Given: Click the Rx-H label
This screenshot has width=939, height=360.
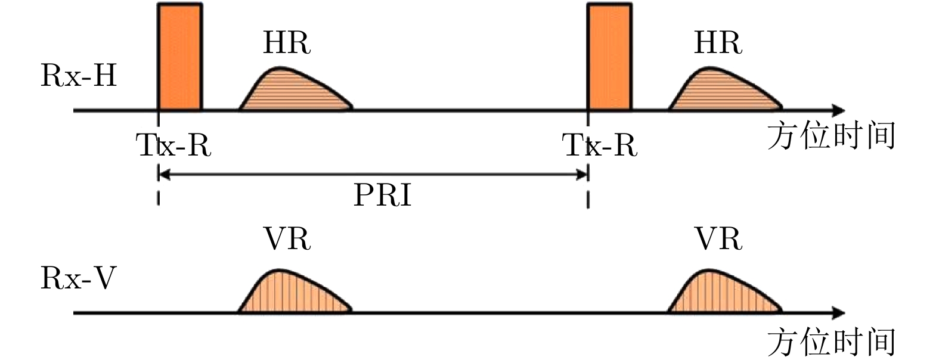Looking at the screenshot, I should (x=78, y=76).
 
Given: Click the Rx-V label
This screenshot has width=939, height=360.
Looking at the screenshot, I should (x=78, y=278).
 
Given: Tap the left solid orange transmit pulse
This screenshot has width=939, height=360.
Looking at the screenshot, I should (x=179, y=57).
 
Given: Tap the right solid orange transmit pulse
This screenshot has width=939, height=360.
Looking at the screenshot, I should (x=609, y=57).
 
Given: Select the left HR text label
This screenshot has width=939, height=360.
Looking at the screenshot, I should (x=287, y=43).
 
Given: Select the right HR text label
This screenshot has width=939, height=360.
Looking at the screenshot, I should (x=718, y=43).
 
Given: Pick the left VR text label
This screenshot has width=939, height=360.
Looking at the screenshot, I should (x=287, y=239).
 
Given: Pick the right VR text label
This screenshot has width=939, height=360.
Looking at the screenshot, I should (x=718, y=239).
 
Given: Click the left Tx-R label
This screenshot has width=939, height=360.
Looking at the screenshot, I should (x=174, y=145).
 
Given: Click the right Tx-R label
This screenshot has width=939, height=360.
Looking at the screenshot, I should (x=600, y=145).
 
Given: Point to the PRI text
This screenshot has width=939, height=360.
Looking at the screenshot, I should (x=382, y=195).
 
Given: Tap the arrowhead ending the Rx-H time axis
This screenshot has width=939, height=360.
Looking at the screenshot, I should (x=838, y=110).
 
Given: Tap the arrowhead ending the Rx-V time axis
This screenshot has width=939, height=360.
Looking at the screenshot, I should (x=838, y=313).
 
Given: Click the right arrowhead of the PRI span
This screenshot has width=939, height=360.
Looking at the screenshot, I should (x=582, y=175).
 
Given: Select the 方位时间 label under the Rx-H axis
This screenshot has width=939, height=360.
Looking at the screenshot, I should (x=831, y=136).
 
